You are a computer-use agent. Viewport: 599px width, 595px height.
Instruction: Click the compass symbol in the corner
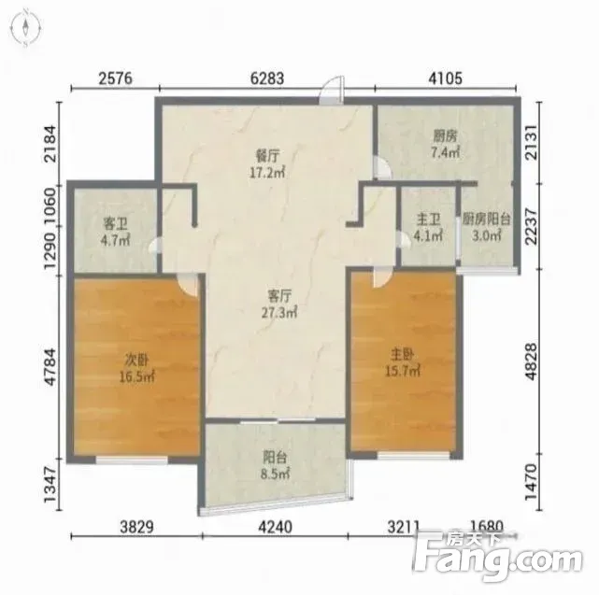point(25,27)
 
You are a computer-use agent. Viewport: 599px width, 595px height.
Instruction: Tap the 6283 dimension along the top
point(267,78)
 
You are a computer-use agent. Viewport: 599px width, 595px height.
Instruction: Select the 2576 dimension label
point(115,78)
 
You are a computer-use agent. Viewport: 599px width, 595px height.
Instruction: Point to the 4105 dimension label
point(446,78)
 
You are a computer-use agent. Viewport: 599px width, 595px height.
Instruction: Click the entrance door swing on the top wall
point(332,90)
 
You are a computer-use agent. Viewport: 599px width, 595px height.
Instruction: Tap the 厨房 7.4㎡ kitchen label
point(445,145)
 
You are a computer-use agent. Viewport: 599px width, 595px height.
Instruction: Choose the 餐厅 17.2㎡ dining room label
point(267,164)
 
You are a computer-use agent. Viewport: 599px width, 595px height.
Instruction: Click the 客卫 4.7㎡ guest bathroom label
point(115,232)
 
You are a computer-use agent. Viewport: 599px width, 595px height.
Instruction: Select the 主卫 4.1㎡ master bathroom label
point(429,228)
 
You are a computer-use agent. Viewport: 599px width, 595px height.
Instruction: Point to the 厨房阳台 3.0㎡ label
point(486,227)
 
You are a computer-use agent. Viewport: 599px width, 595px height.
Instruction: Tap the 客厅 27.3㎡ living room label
point(279,304)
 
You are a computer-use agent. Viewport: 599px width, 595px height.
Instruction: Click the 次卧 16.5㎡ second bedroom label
point(136,368)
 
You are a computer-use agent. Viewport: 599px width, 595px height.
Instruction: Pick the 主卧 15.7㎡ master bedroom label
point(402,362)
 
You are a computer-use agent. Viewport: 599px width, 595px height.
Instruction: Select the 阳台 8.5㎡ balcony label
point(275,465)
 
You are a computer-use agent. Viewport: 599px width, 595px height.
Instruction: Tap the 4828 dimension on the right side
point(532,361)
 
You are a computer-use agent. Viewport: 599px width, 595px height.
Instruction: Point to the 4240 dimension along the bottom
point(275,527)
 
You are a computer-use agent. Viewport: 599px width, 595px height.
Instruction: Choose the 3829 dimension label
point(136,527)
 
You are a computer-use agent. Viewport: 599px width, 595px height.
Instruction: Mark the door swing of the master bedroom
point(382,277)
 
